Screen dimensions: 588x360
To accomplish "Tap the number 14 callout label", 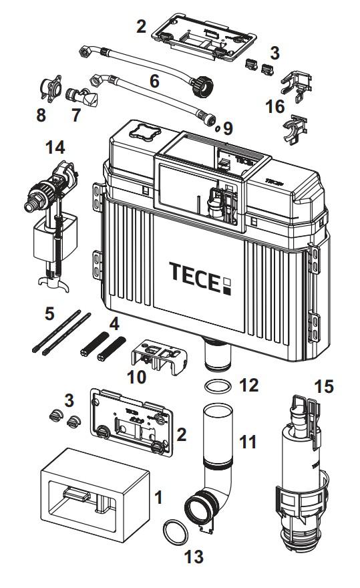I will pyautogui.click(x=55, y=145).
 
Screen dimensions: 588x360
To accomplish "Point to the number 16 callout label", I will pyautogui.click(x=273, y=106).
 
